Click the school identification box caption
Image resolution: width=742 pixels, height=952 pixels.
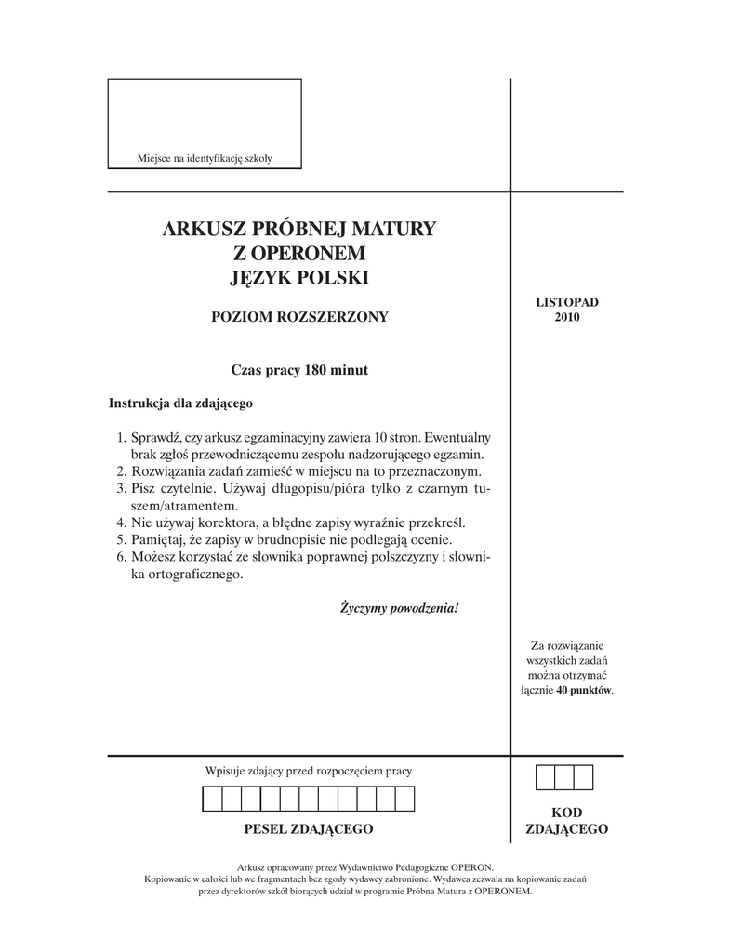coord(205,159)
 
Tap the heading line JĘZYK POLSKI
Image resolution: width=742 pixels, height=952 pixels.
coord(299,277)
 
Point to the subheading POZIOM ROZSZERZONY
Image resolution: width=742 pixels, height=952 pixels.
coord(299,317)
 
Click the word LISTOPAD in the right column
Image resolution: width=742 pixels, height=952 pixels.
coord(567,303)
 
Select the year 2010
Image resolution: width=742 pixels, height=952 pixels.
coord(567,317)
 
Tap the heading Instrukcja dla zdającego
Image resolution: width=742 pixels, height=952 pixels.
coord(180,404)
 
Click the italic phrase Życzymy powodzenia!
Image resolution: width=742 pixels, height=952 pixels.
coord(400,609)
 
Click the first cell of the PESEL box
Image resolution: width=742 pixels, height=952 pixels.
coord(212,799)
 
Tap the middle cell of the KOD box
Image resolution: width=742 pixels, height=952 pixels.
coord(565,777)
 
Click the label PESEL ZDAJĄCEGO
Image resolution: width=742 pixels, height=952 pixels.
coord(308,828)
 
